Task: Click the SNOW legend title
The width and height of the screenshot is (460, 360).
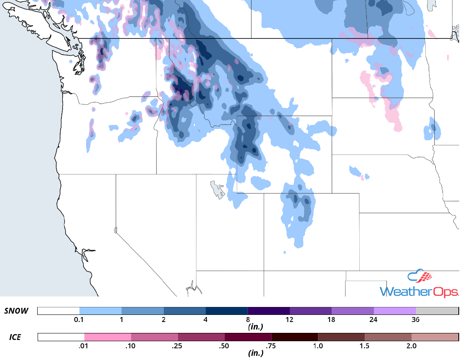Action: click(x=16, y=311)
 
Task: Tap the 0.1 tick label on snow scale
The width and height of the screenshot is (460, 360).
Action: click(x=79, y=320)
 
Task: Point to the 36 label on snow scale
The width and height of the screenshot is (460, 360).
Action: click(x=415, y=320)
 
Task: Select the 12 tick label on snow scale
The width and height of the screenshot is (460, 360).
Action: click(x=290, y=320)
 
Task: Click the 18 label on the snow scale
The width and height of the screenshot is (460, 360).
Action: click(x=331, y=320)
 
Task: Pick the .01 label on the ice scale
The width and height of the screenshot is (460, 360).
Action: click(x=84, y=346)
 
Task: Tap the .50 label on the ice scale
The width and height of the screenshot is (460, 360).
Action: click(x=225, y=346)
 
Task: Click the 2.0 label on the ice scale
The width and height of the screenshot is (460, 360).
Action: click(x=411, y=346)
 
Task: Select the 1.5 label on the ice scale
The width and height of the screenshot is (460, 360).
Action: click(x=364, y=346)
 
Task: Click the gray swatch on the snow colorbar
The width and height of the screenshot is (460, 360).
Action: click(x=437, y=311)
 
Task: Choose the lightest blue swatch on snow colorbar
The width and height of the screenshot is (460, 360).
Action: click(x=100, y=311)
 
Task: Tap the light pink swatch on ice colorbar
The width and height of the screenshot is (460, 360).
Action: click(x=108, y=337)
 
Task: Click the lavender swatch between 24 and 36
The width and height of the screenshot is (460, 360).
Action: click(x=394, y=311)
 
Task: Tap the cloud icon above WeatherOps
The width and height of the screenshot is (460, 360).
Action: click(x=419, y=277)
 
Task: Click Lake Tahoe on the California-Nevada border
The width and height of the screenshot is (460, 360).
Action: click(x=115, y=230)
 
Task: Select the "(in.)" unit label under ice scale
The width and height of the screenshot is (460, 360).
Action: click(x=255, y=353)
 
